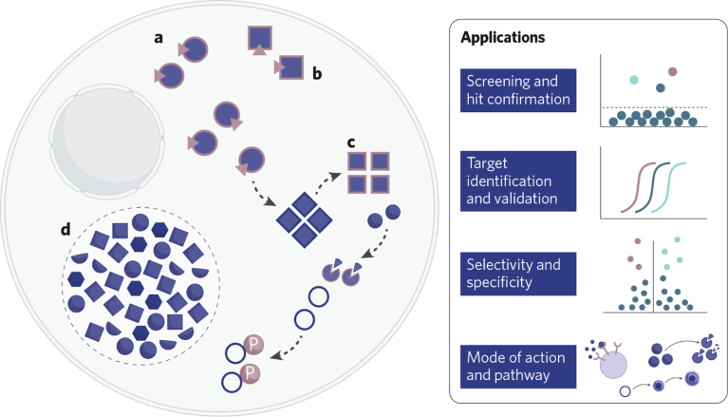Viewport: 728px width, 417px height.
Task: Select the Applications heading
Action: click(504, 39)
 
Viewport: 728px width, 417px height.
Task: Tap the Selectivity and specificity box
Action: click(518, 271)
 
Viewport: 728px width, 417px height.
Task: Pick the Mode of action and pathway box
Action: click(518, 366)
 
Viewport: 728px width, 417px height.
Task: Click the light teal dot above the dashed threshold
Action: click(633, 80)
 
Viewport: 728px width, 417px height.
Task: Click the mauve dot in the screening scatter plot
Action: click(673, 71)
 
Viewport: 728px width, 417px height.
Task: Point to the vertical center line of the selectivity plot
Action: click(653, 275)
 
